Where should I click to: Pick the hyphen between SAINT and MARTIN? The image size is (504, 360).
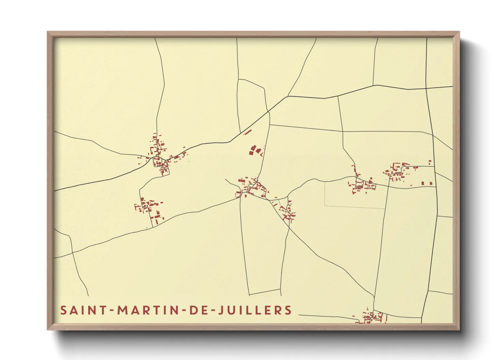(111, 311)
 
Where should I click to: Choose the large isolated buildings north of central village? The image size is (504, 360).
(255, 150)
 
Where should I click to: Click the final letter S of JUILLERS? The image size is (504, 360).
(288, 310)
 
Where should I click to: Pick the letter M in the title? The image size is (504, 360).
(122, 310)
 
